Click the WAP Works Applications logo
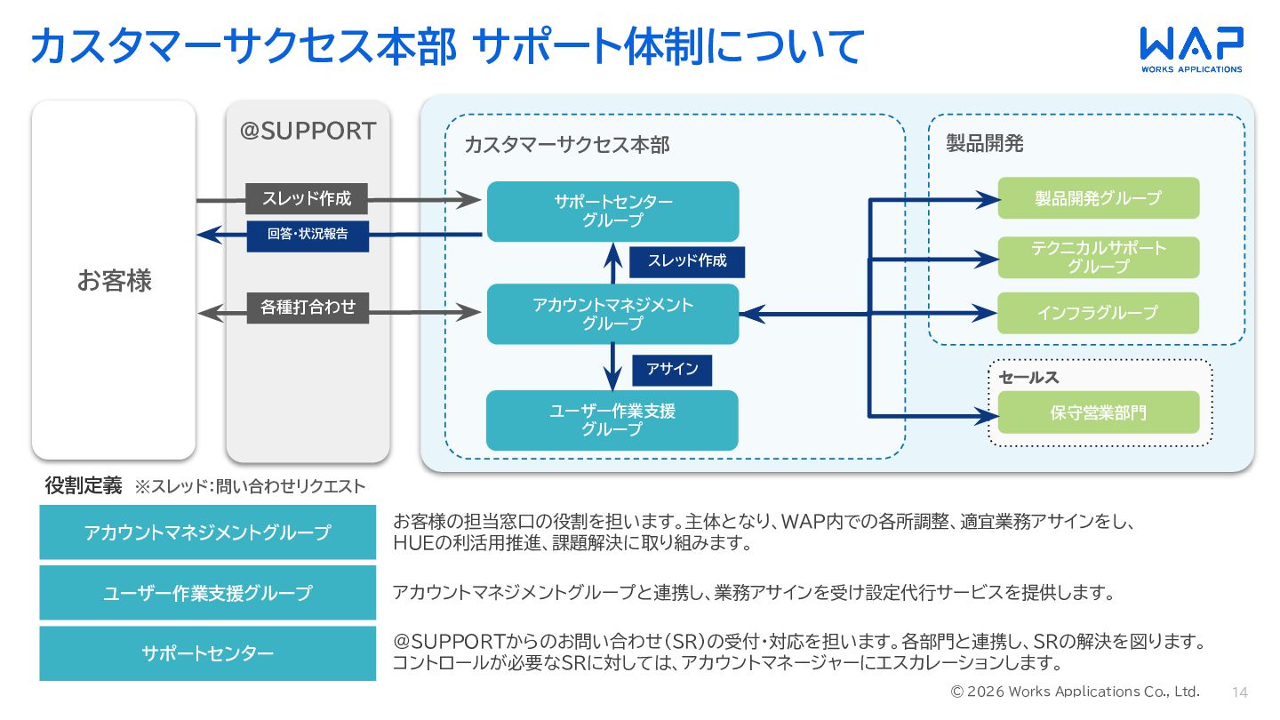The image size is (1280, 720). point(1191,50)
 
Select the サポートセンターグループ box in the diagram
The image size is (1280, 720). point(612,212)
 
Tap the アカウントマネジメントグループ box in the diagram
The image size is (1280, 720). point(612,315)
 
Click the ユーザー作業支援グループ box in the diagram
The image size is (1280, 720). point(612,420)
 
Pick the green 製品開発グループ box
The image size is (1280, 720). point(1099,198)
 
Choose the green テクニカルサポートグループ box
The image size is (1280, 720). point(1099,257)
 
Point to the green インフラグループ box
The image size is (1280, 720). point(1099,313)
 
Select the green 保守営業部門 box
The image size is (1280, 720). point(1099,412)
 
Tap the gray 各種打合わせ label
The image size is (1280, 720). point(308,308)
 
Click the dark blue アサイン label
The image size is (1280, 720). point(672,371)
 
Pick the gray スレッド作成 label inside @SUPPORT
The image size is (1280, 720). point(307,198)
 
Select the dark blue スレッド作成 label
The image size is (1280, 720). point(687,261)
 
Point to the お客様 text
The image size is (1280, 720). point(115,281)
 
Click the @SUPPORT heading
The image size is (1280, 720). point(308,131)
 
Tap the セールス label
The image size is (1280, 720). point(1028,377)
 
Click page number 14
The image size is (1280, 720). point(1240,692)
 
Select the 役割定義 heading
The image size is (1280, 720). point(84,485)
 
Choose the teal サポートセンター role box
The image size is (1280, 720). point(207,653)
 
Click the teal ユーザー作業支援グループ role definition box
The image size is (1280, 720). point(207,593)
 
